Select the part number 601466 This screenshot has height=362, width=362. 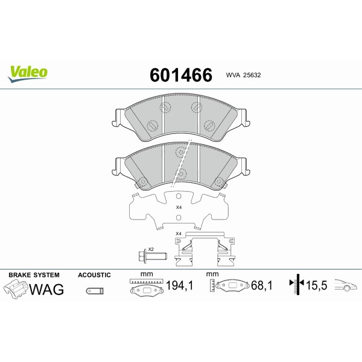point(180,75)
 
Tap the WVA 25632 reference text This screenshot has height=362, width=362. point(243,75)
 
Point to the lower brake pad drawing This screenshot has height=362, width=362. point(181,166)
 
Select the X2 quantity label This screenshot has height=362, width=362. point(151,249)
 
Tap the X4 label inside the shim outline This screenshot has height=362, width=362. point(178,208)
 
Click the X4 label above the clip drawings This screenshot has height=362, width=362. point(178,233)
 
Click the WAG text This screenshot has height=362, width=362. point(47,289)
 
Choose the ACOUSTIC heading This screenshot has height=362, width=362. point(94,275)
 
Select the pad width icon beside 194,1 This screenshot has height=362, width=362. point(145,285)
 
